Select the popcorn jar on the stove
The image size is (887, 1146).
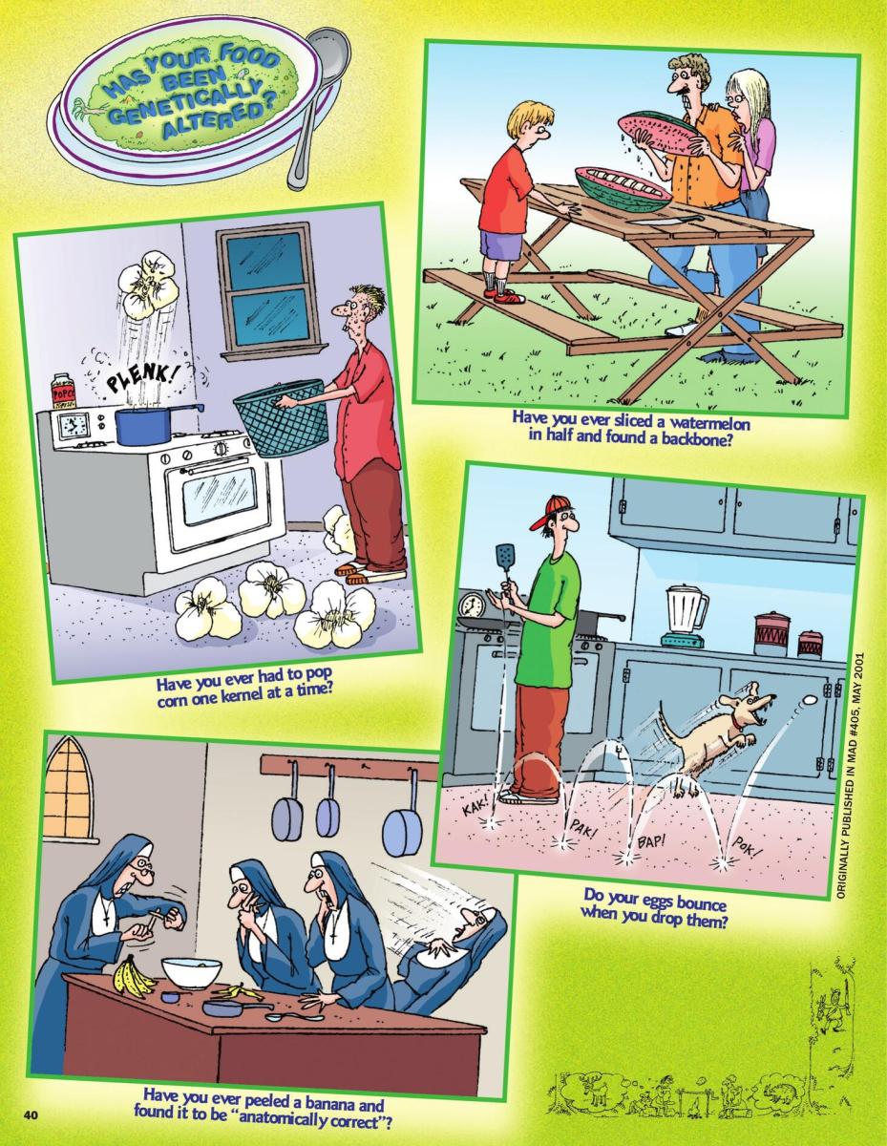[63, 392]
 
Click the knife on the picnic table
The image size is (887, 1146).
[667, 220]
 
